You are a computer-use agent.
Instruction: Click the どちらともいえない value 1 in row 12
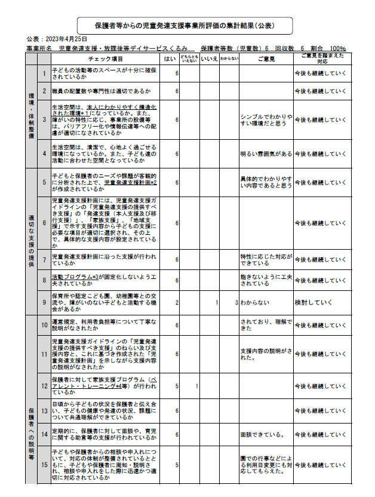[x=196, y=386]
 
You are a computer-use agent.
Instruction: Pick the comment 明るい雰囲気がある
[x=266, y=154]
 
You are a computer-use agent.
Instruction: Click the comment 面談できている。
[x=262, y=434]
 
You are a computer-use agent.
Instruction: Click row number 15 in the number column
[x=44, y=464]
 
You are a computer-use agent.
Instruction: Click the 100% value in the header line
[x=337, y=48]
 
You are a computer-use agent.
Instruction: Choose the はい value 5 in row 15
[x=177, y=464]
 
